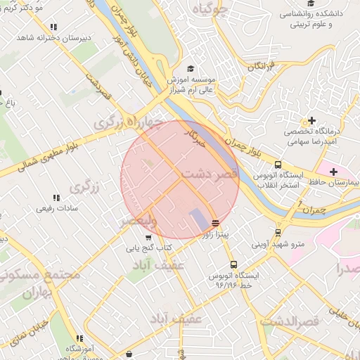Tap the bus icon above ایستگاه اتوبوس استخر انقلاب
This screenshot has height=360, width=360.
point(278,164)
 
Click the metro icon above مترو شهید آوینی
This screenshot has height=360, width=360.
point(278,232)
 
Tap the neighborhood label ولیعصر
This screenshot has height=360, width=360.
point(144,222)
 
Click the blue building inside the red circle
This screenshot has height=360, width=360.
point(199,219)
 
